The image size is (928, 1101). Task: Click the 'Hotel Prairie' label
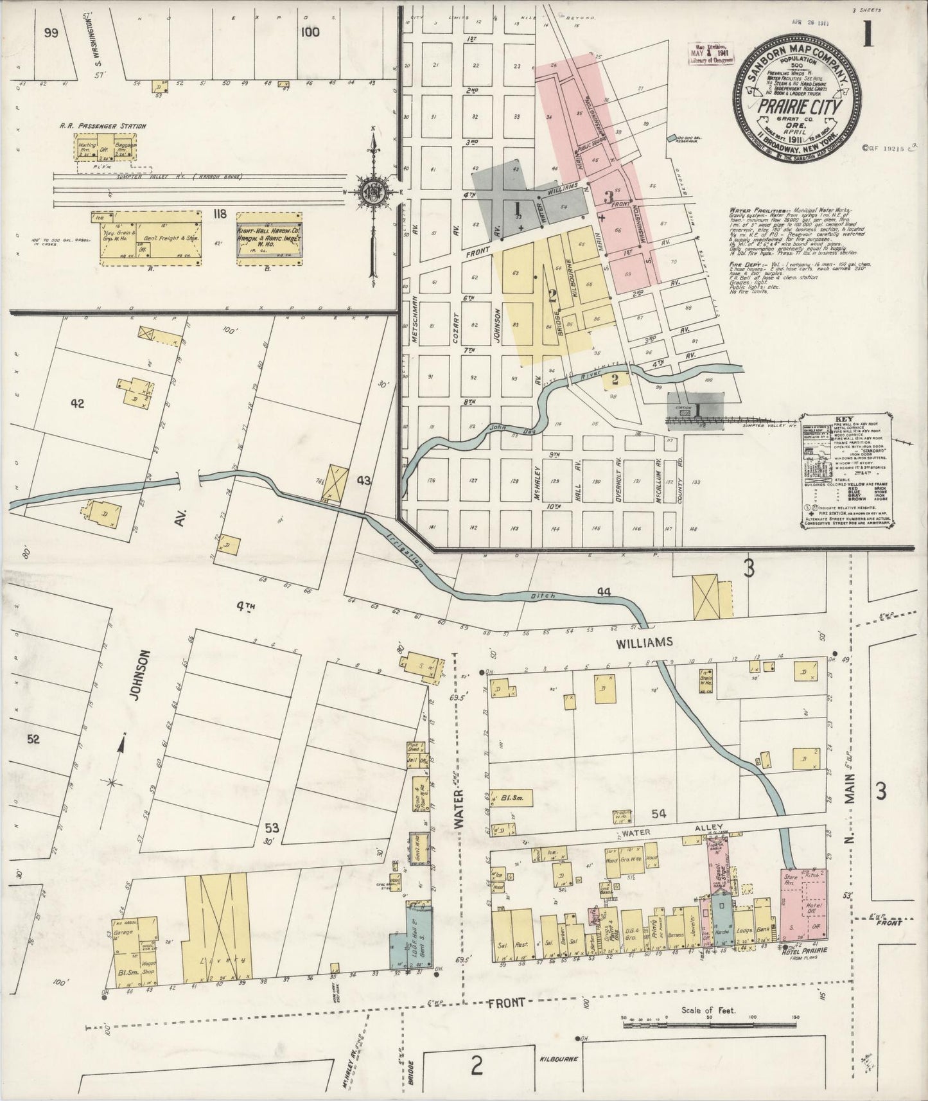[803, 950]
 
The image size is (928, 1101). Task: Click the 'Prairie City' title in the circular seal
[798, 107]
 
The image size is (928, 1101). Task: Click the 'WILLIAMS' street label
[644, 642]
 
